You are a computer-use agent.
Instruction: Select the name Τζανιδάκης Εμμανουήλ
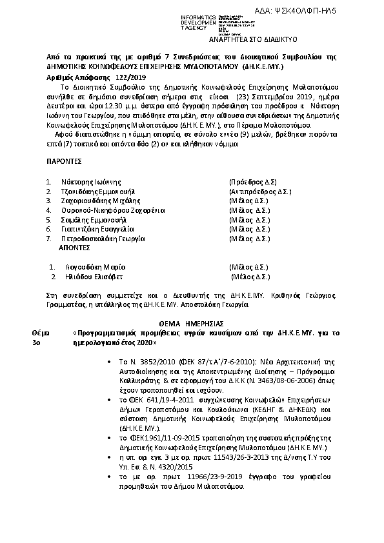[97, 192]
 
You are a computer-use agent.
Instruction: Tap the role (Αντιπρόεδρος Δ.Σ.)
[261, 192]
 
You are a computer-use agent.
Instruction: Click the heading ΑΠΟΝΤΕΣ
[70, 248]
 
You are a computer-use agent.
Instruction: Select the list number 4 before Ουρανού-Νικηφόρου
[48, 210]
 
